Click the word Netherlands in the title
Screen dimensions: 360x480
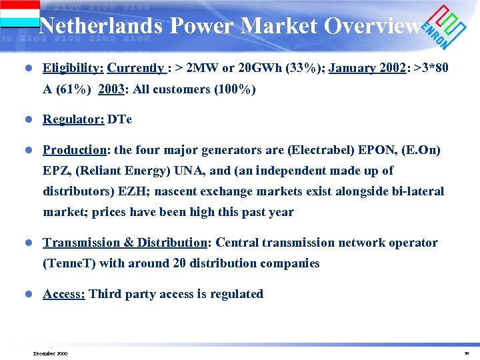101,26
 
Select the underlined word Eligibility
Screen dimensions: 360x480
73,68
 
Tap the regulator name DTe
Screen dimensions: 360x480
120,119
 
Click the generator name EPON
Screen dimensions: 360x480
357,150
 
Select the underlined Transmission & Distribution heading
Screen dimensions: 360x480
125,243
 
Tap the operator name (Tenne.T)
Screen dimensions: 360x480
69,263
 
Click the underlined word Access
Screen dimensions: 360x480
63,294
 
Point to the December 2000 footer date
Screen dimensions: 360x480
50,353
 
